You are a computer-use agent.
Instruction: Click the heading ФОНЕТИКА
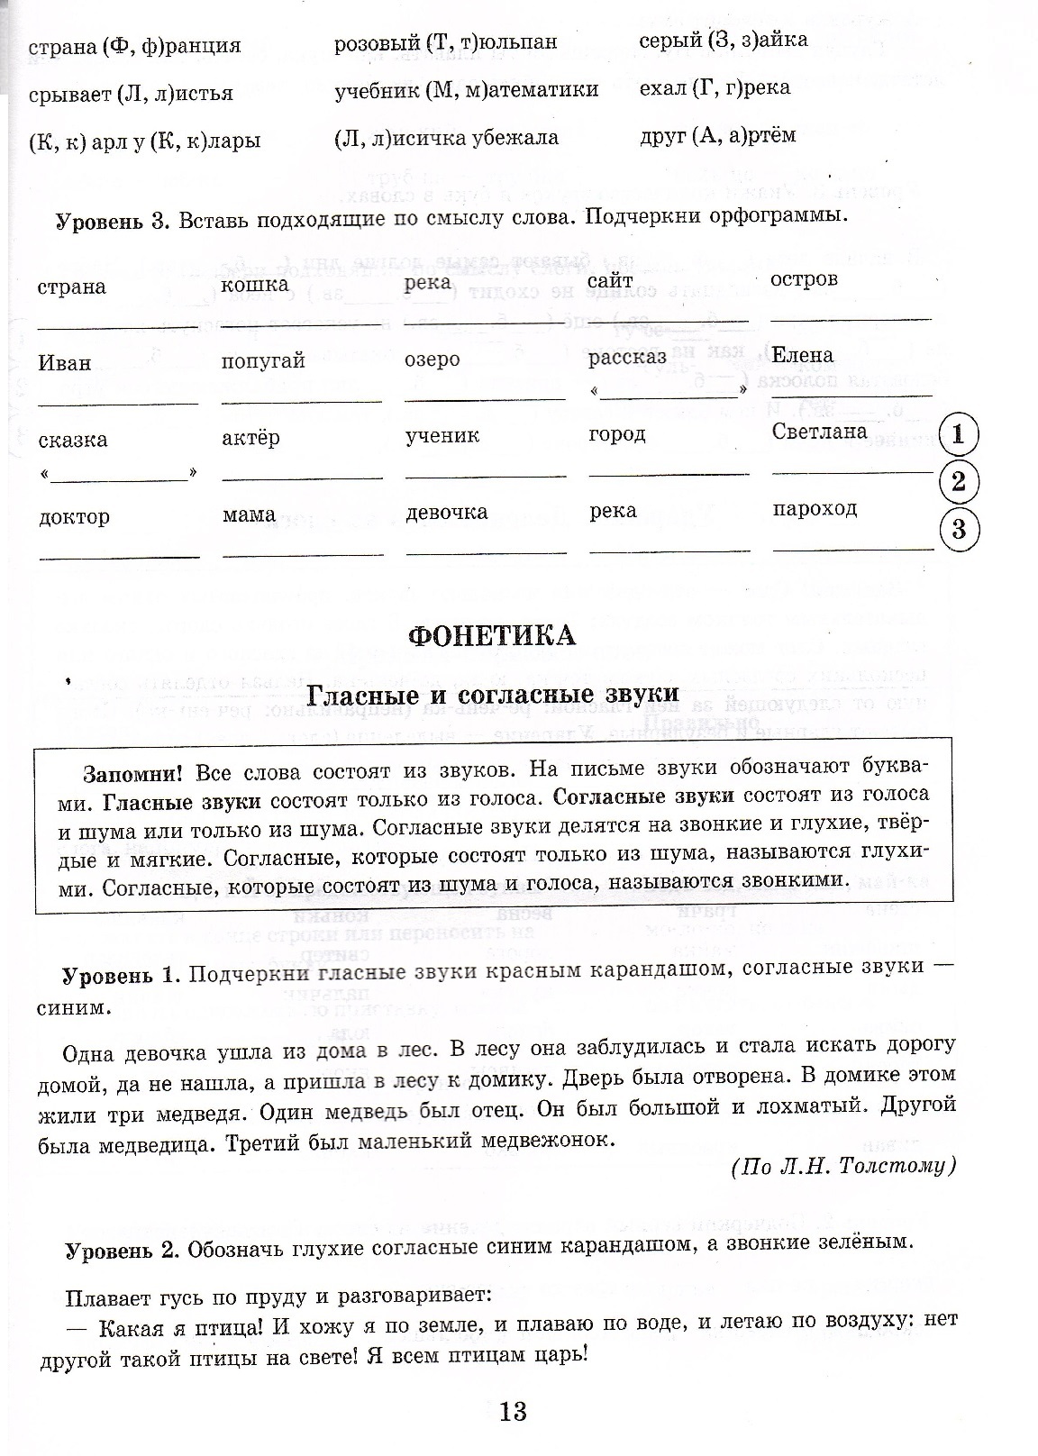491,635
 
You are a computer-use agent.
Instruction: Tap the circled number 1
958,435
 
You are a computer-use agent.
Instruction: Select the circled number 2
958,482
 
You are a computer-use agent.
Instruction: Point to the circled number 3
958,528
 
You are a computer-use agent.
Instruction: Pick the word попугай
263,360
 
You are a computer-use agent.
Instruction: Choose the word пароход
815,508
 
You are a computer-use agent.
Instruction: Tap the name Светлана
819,432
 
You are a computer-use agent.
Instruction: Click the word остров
804,279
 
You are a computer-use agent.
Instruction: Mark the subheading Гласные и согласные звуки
492,695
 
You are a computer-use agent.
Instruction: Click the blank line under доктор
119,555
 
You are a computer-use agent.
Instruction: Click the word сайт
610,282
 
